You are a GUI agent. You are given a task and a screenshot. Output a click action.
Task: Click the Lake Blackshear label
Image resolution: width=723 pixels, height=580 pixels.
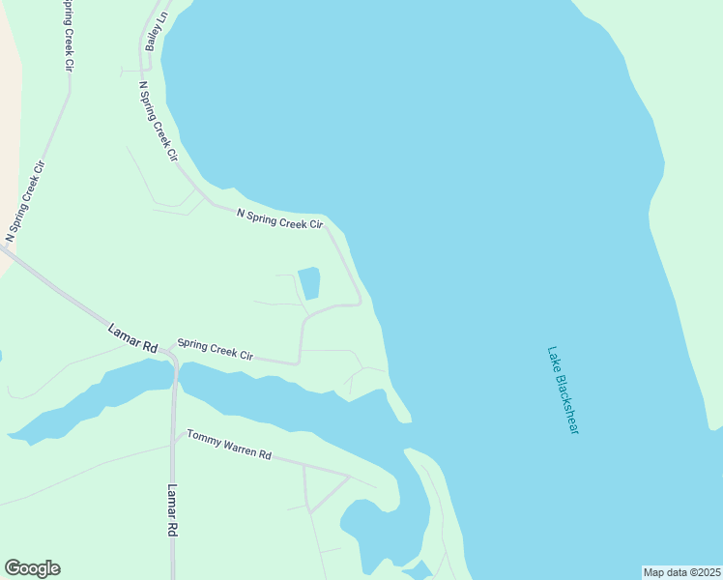(x=562, y=390)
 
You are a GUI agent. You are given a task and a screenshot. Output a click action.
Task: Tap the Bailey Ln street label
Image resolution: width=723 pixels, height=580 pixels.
(x=156, y=31)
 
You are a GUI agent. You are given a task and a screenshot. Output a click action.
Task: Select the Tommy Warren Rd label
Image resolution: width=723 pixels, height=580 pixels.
(x=229, y=445)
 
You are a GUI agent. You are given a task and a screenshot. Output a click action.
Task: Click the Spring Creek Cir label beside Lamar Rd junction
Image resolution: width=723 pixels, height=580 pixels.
(x=215, y=349)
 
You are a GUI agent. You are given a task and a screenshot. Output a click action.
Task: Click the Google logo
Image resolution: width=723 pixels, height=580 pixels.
(x=32, y=568)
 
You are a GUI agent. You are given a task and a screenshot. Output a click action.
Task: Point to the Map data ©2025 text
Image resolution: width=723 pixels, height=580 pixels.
(x=681, y=572)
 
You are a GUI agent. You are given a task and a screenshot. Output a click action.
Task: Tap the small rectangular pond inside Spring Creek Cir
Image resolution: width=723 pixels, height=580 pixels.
(x=309, y=283)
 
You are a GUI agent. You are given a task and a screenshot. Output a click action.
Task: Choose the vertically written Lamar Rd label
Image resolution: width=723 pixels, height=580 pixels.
(x=173, y=510)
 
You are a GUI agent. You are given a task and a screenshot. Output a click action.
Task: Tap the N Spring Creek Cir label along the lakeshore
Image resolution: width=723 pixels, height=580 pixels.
(x=279, y=217)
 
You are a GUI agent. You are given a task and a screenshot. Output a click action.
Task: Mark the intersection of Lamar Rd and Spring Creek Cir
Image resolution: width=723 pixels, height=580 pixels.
(x=170, y=352)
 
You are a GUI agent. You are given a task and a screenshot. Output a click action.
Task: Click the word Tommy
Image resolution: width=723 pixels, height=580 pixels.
(x=203, y=439)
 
